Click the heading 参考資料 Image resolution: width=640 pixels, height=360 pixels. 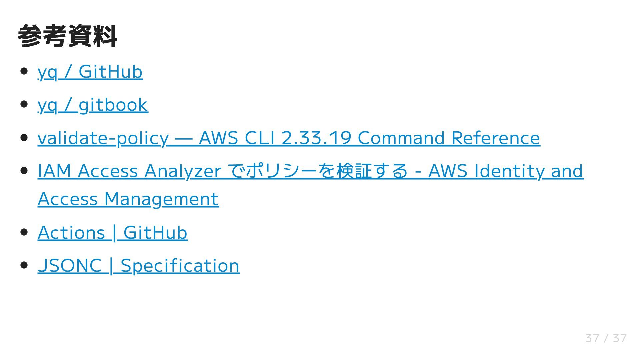[67, 36]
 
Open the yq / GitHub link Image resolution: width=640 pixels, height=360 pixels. [90, 72]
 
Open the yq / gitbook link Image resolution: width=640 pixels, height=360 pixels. [93, 105]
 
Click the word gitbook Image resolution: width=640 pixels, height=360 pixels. [113, 105]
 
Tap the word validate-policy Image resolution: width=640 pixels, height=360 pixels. [103, 138]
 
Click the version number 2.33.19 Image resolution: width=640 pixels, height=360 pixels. [316, 138]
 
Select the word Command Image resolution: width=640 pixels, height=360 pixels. [401, 138]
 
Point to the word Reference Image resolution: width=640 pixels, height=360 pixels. [495, 138]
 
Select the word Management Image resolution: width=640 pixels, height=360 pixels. [161, 199]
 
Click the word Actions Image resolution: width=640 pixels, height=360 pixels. [71, 233]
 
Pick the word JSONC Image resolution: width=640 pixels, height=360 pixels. [70, 266]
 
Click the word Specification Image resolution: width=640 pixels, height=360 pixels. [180, 266]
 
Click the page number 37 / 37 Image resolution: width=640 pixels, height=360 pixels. [606, 338]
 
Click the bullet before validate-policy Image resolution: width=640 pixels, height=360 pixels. [24, 138]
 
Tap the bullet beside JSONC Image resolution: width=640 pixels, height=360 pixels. [24, 265]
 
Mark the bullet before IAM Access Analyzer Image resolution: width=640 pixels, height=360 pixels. [24, 171]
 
